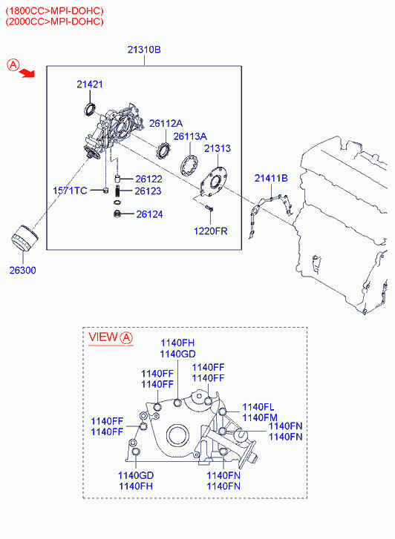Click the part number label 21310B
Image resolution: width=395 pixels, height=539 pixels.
[x=144, y=50]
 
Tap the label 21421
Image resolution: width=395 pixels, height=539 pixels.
[x=90, y=85]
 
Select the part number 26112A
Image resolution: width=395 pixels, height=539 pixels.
[x=166, y=123]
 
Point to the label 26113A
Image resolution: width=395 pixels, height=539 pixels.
[x=190, y=136]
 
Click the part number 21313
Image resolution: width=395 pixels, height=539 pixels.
[x=218, y=148]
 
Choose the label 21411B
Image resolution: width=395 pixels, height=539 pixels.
[x=271, y=178]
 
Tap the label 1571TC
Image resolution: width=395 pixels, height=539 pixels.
[x=70, y=191]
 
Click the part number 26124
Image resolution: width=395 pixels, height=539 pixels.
[x=149, y=214]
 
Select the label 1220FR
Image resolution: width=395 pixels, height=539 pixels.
[x=210, y=231]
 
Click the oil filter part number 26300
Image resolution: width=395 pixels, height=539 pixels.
[x=23, y=270]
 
